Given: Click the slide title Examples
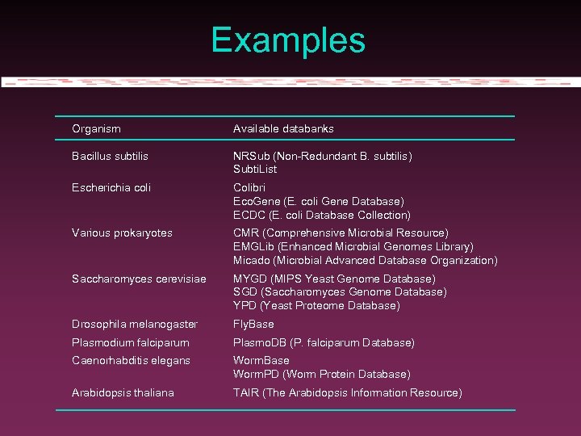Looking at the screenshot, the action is (288, 40).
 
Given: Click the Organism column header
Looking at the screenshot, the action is (96, 128).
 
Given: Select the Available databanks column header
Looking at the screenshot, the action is (283, 128).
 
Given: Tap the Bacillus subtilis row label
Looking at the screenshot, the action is (110, 156).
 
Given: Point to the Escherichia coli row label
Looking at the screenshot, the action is (111, 187).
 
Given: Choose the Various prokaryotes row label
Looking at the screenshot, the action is (122, 233).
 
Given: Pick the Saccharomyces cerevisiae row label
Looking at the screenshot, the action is (139, 279).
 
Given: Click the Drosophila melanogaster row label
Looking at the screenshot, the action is (134, 324).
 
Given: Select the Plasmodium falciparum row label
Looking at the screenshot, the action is (130, 342).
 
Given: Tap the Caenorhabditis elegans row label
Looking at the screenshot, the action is (131, 360).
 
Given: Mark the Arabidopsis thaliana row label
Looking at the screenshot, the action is (123, 392).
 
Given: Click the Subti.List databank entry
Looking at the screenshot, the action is (255, 170).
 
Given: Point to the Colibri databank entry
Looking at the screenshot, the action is (249, 187).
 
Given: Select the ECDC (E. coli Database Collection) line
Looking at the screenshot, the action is (322, 215).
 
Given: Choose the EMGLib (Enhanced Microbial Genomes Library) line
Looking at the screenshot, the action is (353, 246).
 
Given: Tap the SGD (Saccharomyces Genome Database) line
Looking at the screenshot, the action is (340, 291).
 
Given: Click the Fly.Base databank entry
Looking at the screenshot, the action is (253, 324).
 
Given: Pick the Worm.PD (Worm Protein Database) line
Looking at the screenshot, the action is (322, 374).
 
